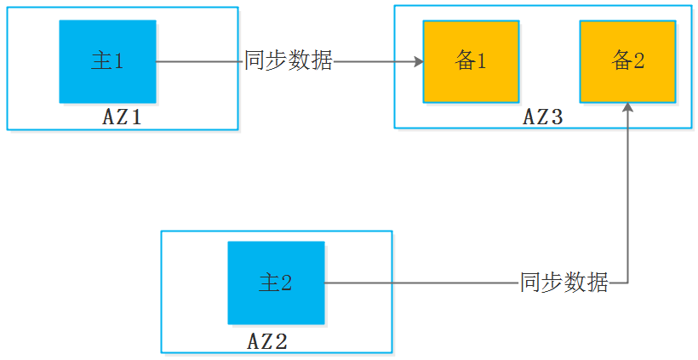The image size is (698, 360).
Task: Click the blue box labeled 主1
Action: click(107, 61)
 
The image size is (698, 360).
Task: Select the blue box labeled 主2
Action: click(276, 283)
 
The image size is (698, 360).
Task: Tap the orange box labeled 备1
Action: click(471, 61)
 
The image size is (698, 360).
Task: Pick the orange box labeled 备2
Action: click(627, 61)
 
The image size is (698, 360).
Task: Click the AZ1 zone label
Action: click(121, 117)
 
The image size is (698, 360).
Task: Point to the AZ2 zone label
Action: click(267, 342)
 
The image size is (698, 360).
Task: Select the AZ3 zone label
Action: click(543, 117)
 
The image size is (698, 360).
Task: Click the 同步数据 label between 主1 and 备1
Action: click(288, 61)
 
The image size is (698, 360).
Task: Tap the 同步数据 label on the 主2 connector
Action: click(564, 283)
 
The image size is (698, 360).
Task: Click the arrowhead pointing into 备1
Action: click(418, 61)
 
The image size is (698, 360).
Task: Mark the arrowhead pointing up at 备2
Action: click(627, 108)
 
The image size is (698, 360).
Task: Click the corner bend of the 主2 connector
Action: click(627, 283)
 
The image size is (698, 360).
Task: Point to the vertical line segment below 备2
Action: click(627, 196)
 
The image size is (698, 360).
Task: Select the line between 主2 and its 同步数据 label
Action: click(421, 283)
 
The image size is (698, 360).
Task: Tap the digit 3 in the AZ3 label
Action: click(558, 117)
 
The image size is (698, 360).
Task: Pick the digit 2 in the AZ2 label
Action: click(282, 342)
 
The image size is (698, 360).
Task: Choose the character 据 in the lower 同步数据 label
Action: click(598, 283)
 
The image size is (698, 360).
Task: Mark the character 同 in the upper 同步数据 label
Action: click(255, 61)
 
